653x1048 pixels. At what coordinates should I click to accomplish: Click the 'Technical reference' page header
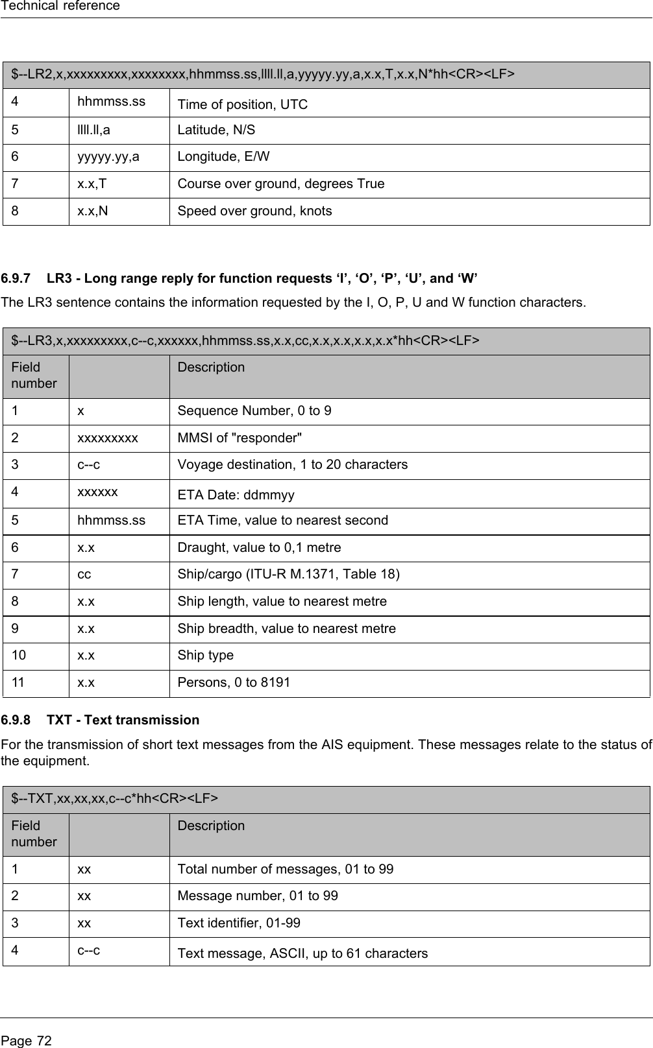[x=60, y=6]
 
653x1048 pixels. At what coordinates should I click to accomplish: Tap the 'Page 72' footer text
[x=27, y=1041]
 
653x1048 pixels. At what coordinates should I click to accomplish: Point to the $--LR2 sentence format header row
[x=264, y=75]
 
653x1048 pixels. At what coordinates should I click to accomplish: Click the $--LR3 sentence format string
[x=246, y=340]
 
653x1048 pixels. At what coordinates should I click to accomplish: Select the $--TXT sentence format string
[x=114, y=798]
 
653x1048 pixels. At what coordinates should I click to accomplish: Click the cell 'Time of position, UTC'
[x=243, y=104]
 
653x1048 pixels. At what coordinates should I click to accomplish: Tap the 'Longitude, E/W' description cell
[x=223, y=157]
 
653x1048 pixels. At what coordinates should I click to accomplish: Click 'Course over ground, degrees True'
[x=281, y=184]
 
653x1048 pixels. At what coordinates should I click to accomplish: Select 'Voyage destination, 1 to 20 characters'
[x=293, y=464]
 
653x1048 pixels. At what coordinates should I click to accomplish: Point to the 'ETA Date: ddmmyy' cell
[x=236, y=495]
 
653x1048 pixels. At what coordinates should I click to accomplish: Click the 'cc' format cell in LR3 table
[x=84, y=575]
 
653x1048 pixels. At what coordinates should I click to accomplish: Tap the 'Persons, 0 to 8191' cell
[x=234, y=682]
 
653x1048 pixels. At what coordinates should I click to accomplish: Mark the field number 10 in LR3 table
[x=19, y=655]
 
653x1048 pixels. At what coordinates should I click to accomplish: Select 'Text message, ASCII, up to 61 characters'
[x=303, y=953]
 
